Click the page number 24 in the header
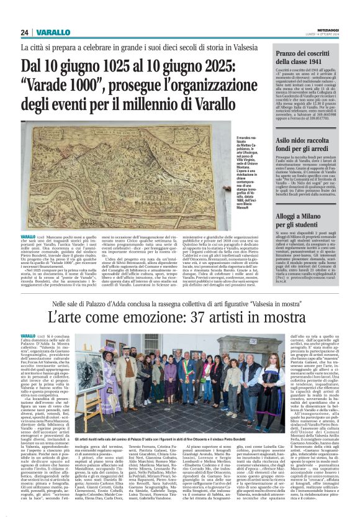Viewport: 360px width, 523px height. pyautogui.click(x=24, y=32)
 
